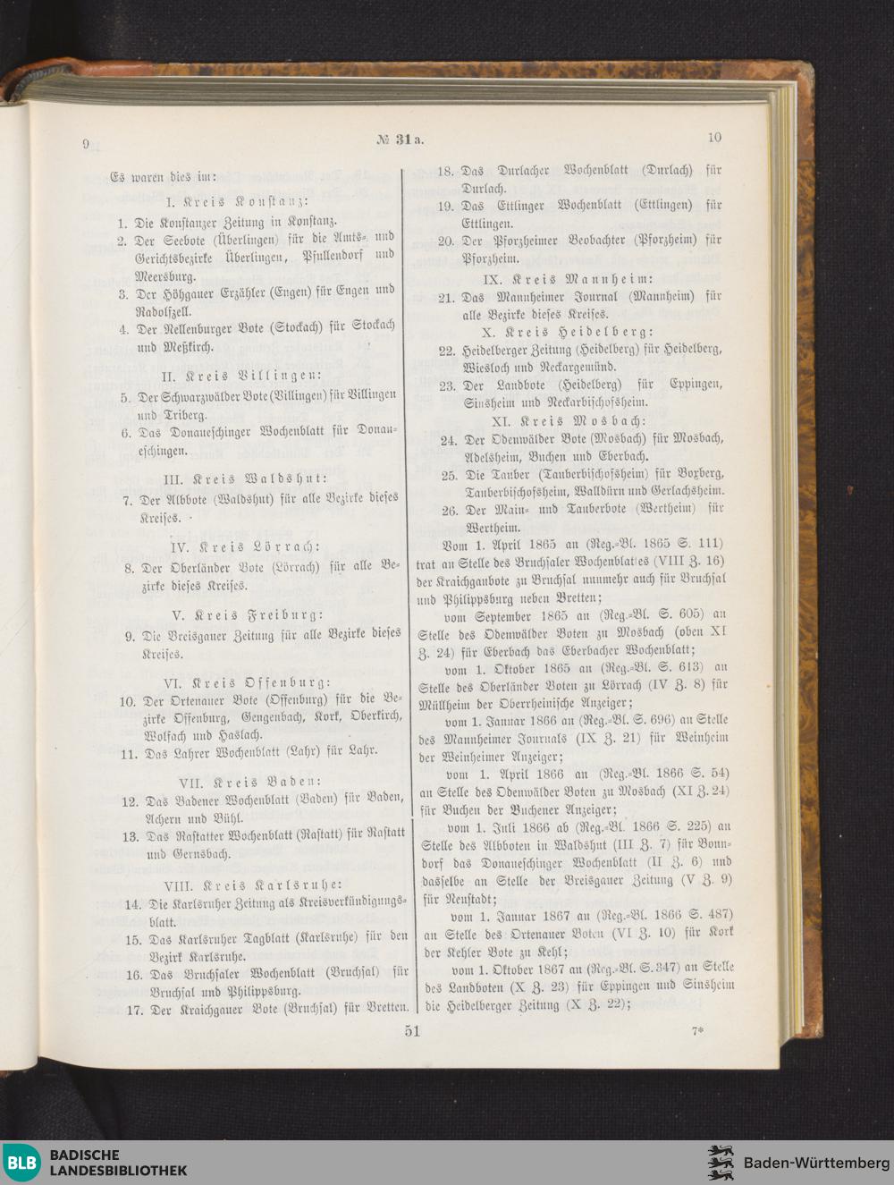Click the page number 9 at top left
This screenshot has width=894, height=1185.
click(x=86, y=145)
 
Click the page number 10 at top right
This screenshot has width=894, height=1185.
click(x=713, y=138)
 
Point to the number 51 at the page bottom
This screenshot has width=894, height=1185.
click(x=412, y=1031)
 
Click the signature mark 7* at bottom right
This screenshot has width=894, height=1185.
click(x=697, y=1030)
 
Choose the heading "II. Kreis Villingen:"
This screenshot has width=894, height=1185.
click(x=240, y=374)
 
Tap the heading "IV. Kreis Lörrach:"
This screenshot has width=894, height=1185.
click(x=246, y=546)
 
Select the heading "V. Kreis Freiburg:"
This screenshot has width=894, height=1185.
click(x=246, y=615)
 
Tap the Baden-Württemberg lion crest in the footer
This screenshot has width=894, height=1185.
click(x=721, y=1162)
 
